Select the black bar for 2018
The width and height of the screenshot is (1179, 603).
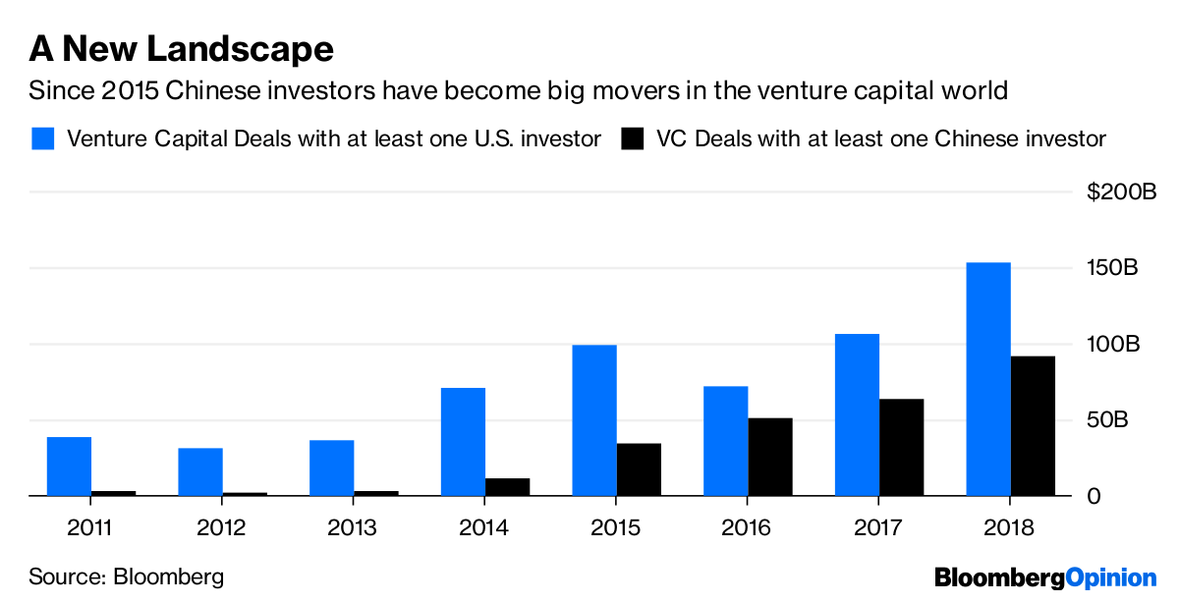pos(1033,426)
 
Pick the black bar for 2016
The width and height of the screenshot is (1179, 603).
pos(770,458)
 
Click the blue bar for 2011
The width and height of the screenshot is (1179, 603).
pos(69,466)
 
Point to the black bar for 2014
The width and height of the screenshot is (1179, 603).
pos(507,487)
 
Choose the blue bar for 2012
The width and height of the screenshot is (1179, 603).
pos(200,472)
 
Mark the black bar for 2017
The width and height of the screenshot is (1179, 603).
pos(901,448)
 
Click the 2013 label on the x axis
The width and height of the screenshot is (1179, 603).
pos(353,527)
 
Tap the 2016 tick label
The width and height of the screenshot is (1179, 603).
pos(748,527)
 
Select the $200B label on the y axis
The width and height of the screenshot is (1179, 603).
pos(1122,192)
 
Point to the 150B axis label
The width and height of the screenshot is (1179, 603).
pos(1112,268)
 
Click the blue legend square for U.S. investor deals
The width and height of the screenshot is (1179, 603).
pos(42,138)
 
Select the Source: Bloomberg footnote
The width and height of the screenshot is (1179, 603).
pos(126,576)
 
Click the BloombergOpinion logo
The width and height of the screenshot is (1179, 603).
pos(1045,577)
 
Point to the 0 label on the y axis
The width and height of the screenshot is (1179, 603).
pos(1094,497)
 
